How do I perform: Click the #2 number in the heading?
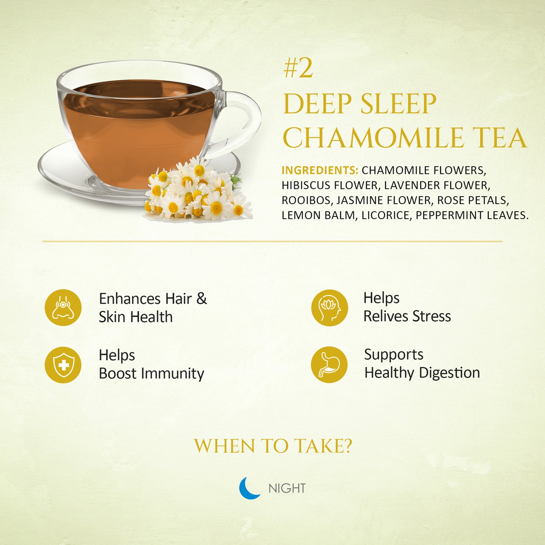(298, 69)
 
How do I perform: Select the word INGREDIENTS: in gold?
(320, 170)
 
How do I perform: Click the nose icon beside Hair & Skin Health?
(63, 307)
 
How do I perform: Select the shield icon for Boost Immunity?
(63, 365)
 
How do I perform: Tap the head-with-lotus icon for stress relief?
(330, 308)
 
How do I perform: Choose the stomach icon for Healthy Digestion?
(330, 365)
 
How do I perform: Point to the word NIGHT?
(287, 488)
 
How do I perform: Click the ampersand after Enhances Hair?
(201, 299)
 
